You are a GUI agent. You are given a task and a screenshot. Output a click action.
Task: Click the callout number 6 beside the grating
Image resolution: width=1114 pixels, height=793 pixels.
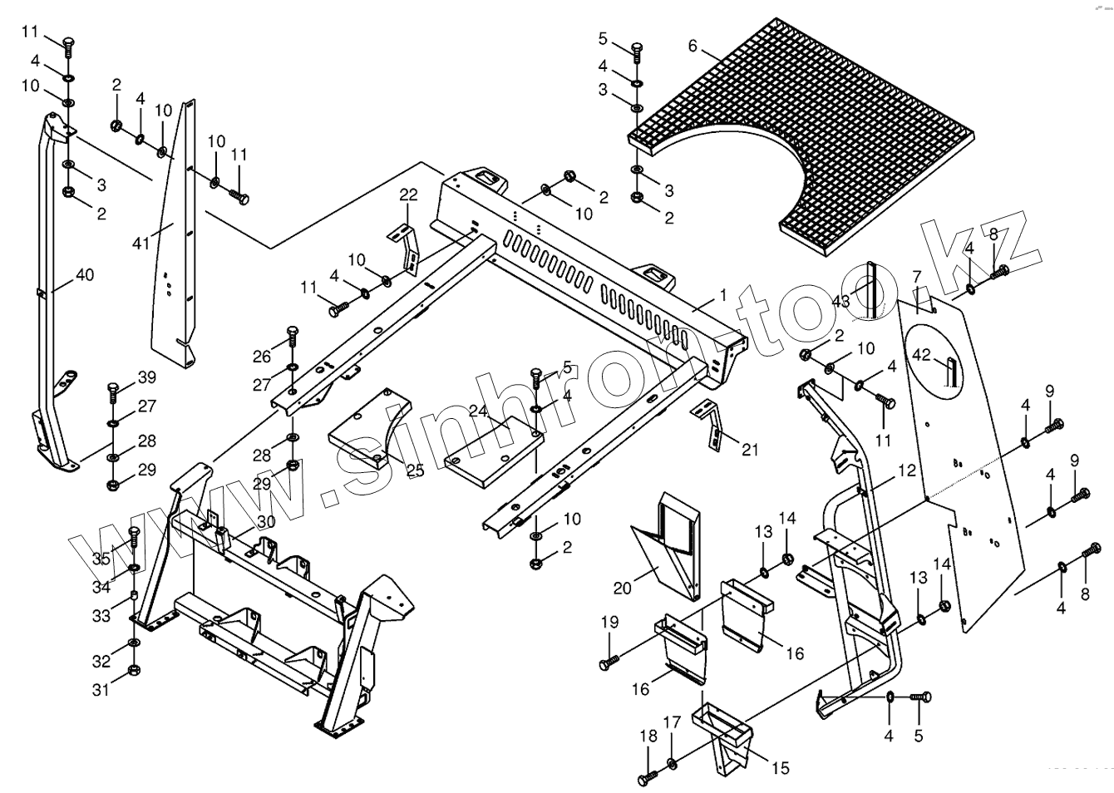coord(693,47)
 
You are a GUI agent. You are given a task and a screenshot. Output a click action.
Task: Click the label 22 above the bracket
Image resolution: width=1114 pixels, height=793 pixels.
coord(408,195)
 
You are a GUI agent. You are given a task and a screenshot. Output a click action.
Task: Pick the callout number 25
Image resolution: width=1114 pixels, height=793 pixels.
coord(414,470)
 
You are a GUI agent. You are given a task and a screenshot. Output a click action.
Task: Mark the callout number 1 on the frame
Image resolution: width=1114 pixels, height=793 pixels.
coord(723,294)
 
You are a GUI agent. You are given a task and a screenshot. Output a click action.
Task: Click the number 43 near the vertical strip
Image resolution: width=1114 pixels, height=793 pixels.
coord(841,301)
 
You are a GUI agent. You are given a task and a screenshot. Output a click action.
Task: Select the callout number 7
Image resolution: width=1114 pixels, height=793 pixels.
coord(916,276)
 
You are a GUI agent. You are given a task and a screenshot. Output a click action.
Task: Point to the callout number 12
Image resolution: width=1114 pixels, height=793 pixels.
coord(906,470)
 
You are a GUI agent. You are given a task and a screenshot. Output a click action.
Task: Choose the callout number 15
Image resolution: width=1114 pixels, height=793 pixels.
coord(780,768)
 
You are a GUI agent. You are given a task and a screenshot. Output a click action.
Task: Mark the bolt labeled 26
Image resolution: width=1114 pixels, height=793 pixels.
coord(291,334)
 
